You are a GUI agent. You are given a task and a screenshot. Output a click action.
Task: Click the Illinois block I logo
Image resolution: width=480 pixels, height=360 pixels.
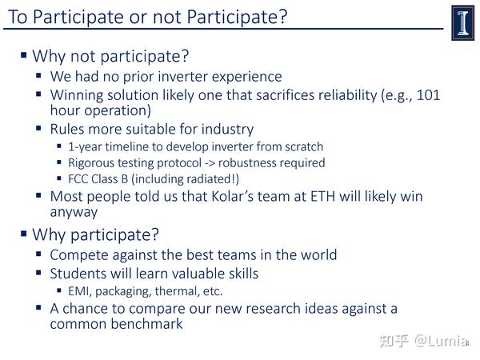pos(462,22)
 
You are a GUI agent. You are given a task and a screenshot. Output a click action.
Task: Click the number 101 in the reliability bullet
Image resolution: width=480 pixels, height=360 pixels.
pos(428,95)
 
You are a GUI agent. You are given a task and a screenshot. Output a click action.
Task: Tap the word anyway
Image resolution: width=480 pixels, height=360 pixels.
pos(74,212)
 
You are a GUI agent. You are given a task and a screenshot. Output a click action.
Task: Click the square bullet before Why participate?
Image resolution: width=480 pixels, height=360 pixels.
pos(24,234)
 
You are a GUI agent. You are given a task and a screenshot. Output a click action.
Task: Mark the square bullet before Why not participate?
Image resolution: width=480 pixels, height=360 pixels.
pos(24,55)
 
